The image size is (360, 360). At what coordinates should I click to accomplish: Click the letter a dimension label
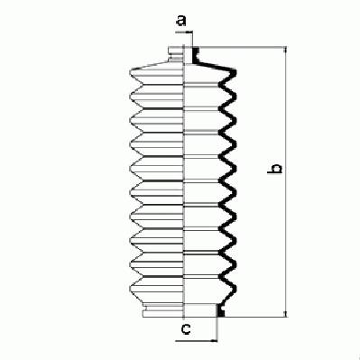point(181,21)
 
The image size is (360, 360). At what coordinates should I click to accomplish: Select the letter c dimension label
point(186,329)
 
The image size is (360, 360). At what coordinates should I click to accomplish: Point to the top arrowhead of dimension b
point(285,51)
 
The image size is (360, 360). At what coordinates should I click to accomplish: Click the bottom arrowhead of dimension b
point(285,313)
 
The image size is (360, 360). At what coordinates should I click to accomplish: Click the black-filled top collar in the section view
point(196,55)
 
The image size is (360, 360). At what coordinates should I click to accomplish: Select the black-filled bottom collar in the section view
point(221,311)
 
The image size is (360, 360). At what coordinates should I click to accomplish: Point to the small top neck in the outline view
point(176,54)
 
